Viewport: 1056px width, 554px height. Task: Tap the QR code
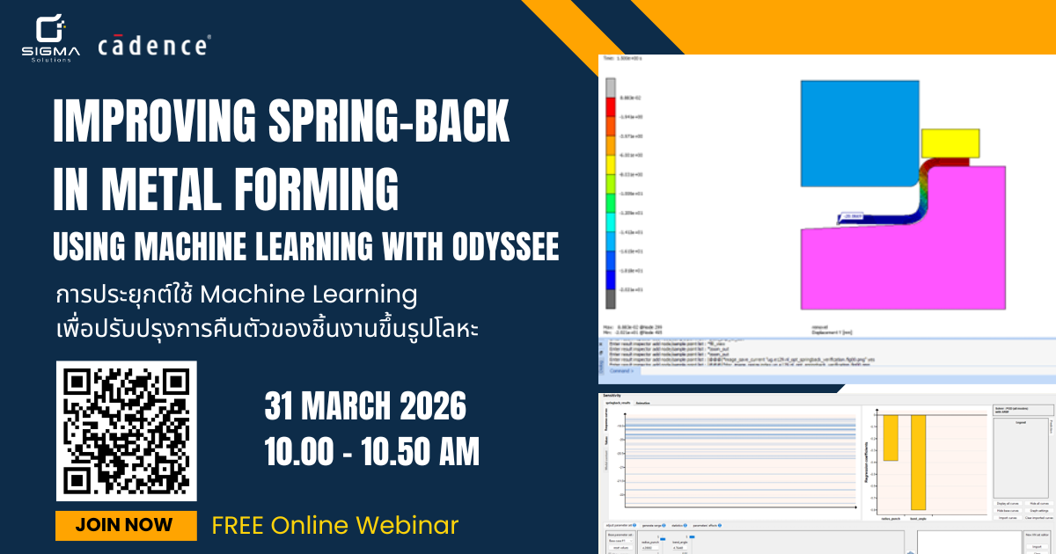click(127, 430)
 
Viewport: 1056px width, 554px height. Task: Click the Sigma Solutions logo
click(50, 37)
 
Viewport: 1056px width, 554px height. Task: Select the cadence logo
click(154, 45)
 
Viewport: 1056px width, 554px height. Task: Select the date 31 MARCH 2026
click(365, 408)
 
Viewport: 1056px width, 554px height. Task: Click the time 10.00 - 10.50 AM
click(372, 453)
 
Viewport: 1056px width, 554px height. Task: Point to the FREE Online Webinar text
click(334, 526)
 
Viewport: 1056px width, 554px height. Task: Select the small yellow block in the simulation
click(950, 143)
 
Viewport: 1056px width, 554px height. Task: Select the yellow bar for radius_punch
click(891, 436)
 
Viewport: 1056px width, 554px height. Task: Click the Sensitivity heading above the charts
click(614, 397)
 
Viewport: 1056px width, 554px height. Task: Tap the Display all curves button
click(1008, 503)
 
